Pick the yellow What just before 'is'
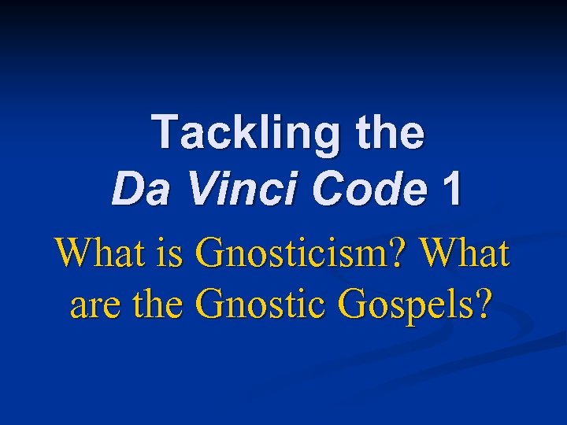96,253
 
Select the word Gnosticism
295,253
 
